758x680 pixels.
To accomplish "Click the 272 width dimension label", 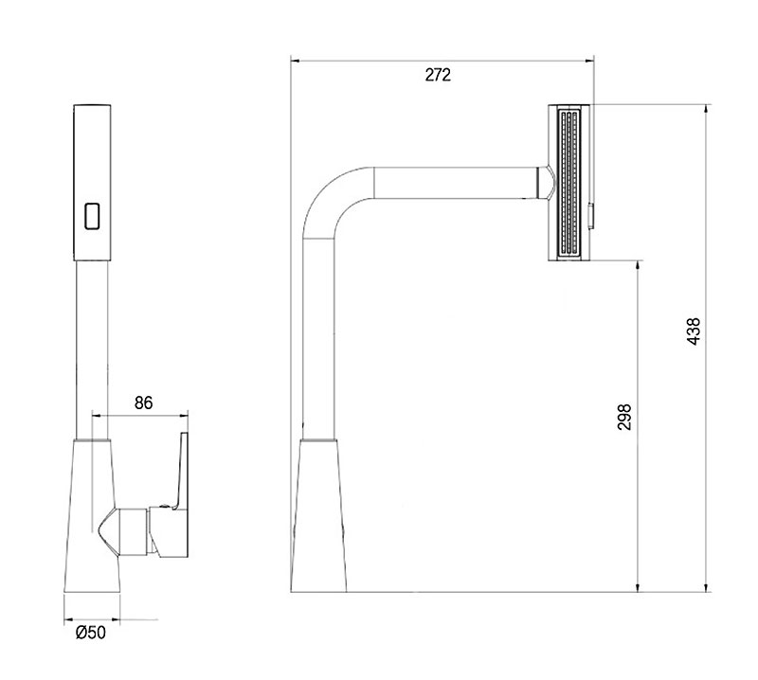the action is [438, 75].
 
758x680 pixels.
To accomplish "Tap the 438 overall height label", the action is [694, 331].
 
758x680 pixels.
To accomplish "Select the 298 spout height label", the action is [624, 417].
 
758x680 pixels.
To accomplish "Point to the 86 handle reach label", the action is [144, 403].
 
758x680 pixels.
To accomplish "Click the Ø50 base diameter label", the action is [90, 632].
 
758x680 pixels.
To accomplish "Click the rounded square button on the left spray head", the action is [92, 216].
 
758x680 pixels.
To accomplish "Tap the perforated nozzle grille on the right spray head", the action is [569, 183].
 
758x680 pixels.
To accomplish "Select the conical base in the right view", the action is [318, 515].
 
